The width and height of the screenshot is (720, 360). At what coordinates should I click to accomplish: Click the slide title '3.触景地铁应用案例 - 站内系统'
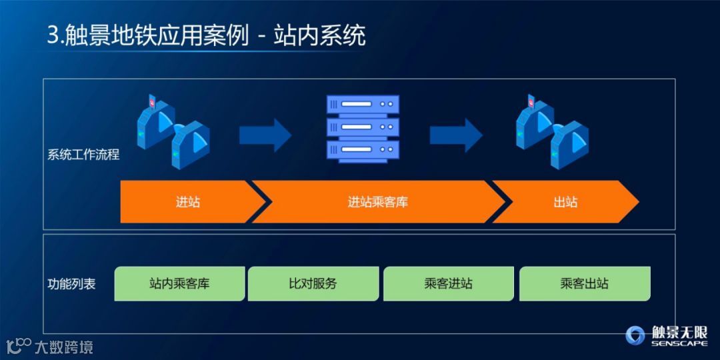(206, 34)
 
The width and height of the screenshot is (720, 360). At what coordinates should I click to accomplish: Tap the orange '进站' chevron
(187, 201)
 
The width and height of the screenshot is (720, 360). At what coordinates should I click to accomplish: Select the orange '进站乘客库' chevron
(377, 201)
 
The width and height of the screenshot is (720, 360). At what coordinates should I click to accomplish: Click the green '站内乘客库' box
(179, 283)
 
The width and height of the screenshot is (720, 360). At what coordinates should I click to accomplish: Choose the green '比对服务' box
(313, 283)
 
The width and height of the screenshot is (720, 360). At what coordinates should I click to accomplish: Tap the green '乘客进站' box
(448, 283)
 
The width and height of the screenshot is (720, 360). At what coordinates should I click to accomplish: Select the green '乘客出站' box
(584, 283)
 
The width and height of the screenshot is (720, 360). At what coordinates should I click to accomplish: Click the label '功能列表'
(71, 284)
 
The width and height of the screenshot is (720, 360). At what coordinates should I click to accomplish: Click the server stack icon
(363, 128)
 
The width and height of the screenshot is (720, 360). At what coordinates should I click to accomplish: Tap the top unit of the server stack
(363, 105)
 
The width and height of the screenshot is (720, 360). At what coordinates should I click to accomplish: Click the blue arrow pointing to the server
(265, 135)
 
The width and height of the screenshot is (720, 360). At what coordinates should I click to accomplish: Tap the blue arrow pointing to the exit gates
(456, 135)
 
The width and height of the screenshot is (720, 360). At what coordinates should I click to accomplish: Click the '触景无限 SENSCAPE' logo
(666, 335)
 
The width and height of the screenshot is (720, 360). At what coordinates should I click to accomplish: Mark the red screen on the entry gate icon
(153, 103)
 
